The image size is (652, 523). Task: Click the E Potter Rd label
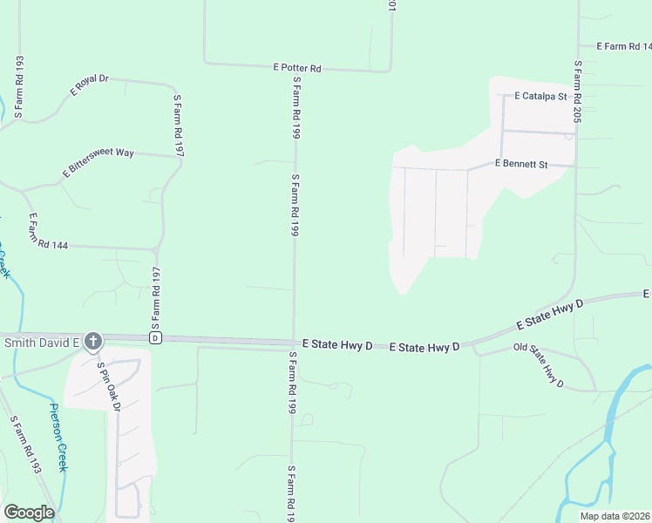point(297,68)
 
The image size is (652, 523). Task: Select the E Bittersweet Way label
point(98,164)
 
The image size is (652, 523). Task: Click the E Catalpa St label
point(540,96)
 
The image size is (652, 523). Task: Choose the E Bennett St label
point(520,164)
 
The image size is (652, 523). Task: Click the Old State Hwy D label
point(539,365)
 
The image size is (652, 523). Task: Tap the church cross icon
point(93,341)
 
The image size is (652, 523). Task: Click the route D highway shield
point(155,337)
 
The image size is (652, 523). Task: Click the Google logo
point(29,513)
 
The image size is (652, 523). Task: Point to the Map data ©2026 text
point(615,516)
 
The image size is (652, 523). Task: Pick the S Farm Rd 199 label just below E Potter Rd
point(296,108)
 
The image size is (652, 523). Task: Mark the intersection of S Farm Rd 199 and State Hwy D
point(292,342)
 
